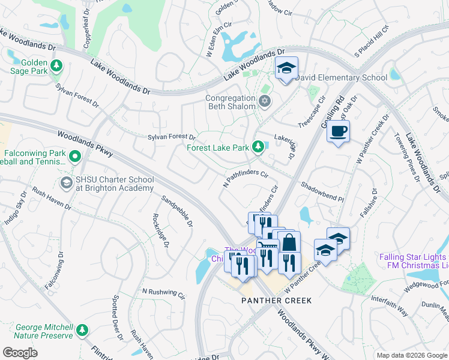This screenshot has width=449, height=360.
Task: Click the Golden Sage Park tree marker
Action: tap(56, 65)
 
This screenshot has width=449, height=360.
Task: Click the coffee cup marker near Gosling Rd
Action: tap(339, 131)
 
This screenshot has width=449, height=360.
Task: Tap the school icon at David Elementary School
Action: tap(287, 68)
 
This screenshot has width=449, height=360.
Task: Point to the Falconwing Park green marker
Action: tap(74, 157)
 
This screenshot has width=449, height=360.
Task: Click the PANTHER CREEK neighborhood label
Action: tap(277, 301)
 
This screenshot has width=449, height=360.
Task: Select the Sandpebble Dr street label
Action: tap(177, 211)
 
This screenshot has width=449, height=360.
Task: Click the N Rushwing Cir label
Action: tap(163, 293)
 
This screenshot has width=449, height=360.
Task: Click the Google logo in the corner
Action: tap(20, 352)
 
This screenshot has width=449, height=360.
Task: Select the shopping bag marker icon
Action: tap(289, 243)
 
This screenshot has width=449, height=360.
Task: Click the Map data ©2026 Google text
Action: tap(412, 355)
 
